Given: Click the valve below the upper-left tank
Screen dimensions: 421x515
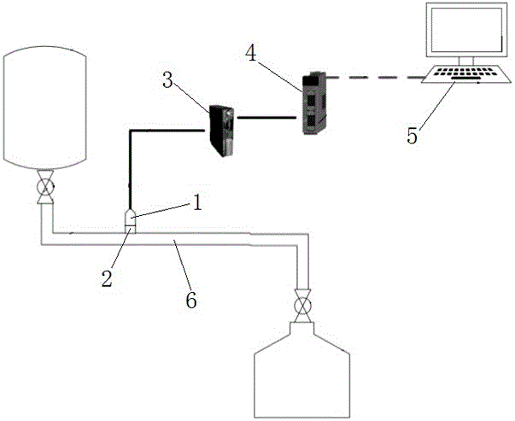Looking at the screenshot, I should (45, 188).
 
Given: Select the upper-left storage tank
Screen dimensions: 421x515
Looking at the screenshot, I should (45, 107).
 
